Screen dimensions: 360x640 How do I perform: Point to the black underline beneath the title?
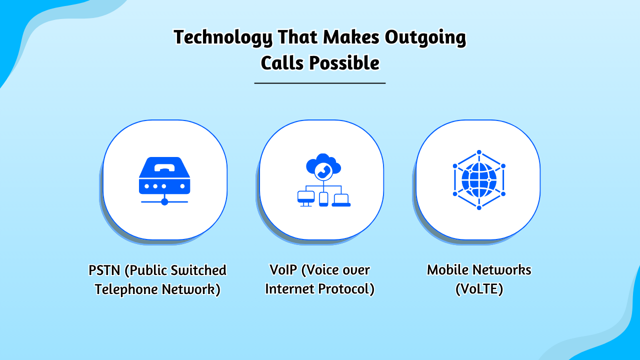[x=320, y=83]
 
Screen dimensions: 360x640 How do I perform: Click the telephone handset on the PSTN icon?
[x=164, y=167]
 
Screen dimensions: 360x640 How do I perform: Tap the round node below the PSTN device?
[x=164, y=201]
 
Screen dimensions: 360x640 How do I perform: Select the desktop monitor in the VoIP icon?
[x=305, y=198]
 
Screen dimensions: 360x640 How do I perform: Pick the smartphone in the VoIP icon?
[x=323, y=199]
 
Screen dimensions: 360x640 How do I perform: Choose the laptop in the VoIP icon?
[x=341, y=199]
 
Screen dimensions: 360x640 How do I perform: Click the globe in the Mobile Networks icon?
[x=479, y=179]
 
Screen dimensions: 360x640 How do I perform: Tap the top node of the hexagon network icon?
[x=479, y=152]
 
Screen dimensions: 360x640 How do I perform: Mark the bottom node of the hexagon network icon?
[x=479, y=207]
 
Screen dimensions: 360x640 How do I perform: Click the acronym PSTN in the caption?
[x=104, y=270]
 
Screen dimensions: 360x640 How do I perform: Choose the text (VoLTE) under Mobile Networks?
[x=479, y=289]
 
